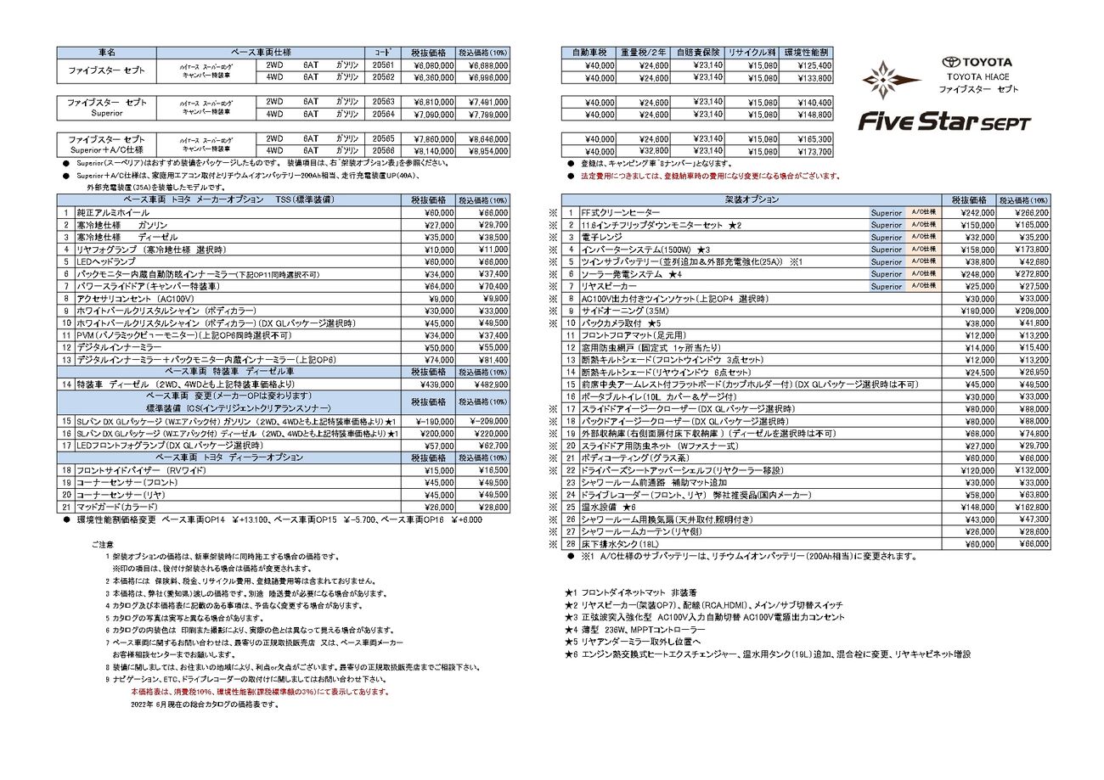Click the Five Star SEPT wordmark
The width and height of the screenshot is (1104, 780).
coord(944,122)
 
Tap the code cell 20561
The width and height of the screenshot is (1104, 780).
coord(383,65)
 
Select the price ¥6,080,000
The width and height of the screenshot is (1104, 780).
coord(431,65)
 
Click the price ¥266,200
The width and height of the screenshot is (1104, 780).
coord(1024,213)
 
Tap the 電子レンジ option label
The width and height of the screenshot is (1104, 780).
coord(602,238)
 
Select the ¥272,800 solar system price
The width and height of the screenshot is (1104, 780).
coord(1024,274)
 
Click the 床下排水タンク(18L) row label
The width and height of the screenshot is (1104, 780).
coord(620,544)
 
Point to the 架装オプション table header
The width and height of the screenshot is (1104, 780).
coord(751,199)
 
